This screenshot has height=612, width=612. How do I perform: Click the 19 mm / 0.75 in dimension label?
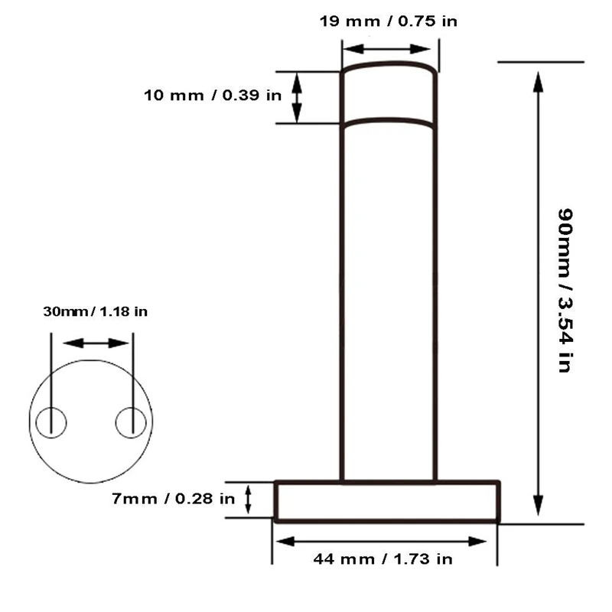point(389,21)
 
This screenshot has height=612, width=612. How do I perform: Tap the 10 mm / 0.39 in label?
point(213,95)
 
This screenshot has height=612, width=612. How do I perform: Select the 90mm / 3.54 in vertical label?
point(565,291)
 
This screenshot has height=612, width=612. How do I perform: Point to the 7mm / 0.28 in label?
point(174,499)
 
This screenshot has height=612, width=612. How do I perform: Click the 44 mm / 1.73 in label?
point(383,559)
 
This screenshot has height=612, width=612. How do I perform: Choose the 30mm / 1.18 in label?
point(95,311)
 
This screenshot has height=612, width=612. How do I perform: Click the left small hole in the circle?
point(51,422)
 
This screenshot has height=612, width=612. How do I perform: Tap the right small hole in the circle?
point(131,422)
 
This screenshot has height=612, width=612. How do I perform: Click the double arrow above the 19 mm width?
point(386,49)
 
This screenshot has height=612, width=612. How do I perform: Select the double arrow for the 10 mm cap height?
point(297,98)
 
